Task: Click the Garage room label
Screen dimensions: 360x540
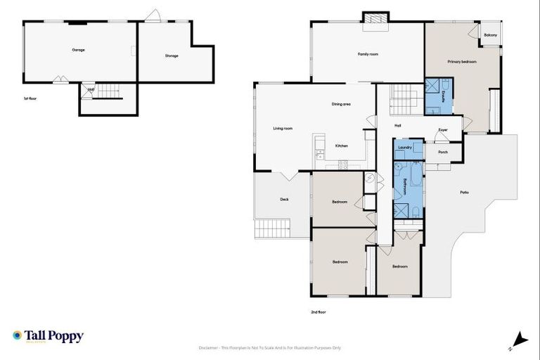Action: click(x=78, y=50)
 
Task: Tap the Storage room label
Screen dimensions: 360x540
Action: click(x=172, y=56)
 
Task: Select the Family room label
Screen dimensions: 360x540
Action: click(x=368, y=54)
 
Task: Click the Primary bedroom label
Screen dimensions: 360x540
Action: click(x=462, y=62)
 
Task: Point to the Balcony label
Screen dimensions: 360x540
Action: click(x=490, y=35)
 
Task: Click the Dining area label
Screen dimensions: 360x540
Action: click(x=341, y=104)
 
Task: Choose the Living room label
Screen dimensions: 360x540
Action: click(x=283, y=128)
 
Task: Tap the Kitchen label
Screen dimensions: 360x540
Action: click(x=342, y=146)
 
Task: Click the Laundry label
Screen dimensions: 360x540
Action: click(x=404, y=148)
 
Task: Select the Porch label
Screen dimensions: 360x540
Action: click(x=443, y=152)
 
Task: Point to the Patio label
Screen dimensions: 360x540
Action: click(x=464, y=192)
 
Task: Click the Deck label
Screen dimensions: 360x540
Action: click(x=284, y=199)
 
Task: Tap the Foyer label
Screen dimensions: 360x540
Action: click(x=443, y=130)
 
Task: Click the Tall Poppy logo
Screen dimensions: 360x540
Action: click(x=48, y=336)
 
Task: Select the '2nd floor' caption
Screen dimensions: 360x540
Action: click(x=319, y=311)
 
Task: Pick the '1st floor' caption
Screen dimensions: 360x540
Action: click(x=30, y=98)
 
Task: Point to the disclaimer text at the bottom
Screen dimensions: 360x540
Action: click(x=271, y=347)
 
